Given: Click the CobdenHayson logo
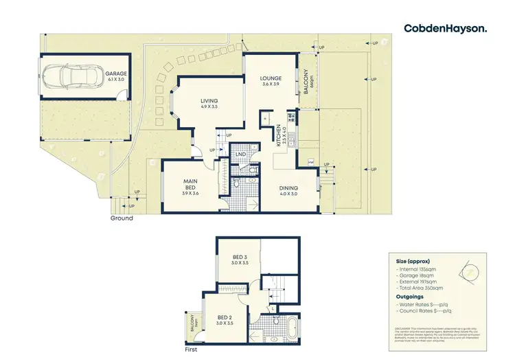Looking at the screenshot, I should click(x=446, y=28).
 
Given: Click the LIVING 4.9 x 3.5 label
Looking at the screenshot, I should click(x=204, y=103).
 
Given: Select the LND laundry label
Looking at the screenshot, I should click(x=241, y=155).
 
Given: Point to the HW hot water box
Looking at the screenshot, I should click(x=312, y=163).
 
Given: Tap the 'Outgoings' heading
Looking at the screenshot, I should click(x=410, y=297).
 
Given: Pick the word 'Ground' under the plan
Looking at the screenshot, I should click(x=122, y=218).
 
